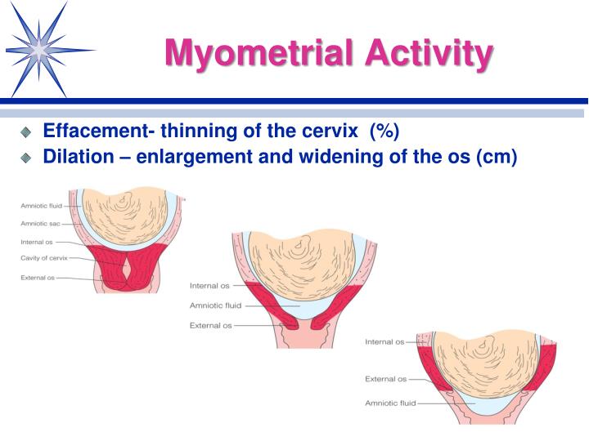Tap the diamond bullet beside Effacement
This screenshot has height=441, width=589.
pos(26,131)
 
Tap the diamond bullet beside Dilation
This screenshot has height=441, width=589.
pos(26,157)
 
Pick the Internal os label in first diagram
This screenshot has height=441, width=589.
pos(37,242)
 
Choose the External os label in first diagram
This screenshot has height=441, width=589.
pos(38,278)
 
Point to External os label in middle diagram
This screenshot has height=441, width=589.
pos(211,325)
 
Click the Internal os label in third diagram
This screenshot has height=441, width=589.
pos(384,341)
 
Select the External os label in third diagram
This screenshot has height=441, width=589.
pos(385,379)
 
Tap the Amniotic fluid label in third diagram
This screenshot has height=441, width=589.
pos(391,403)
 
